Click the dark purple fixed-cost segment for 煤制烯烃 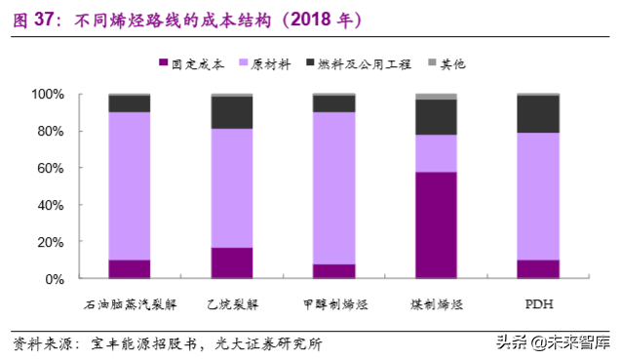tap(436, 225)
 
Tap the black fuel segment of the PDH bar tap(537, 114)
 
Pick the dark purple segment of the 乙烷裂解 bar tap(232, 262)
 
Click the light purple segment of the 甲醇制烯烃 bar tap(333, 187)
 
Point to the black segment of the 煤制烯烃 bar tap(436, 117)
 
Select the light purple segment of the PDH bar tap(537, 195)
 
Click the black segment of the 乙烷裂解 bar tap(232, 112)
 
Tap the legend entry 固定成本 tap(198, 64)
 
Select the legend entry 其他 tap(452, 64)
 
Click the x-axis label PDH tap(538, 303)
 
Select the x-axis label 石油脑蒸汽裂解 tap(130, 303)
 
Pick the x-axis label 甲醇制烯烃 tap(333, 303)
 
